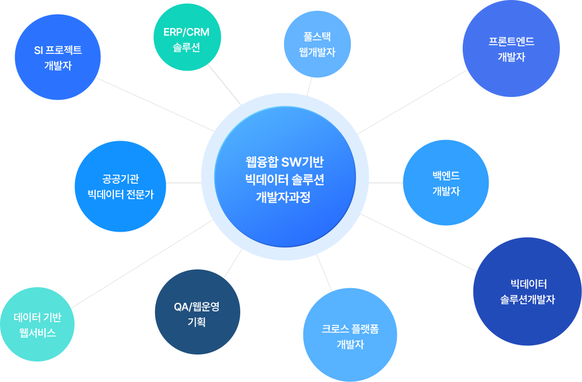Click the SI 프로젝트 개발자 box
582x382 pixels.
[x=58, y=57]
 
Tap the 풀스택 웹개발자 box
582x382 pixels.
[x=317, y=44]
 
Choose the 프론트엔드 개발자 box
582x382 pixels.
[x=511, y=48]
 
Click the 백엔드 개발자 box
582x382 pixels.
[x=445, y=183]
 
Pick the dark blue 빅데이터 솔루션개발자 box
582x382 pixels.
[x=527, y=291]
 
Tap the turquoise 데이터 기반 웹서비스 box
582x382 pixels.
[x=37, y=324]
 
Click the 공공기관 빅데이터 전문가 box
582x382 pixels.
[x=120, y=186]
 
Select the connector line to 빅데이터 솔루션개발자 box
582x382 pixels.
[x=418, y=242]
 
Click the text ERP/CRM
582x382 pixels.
[x=186, y=32]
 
